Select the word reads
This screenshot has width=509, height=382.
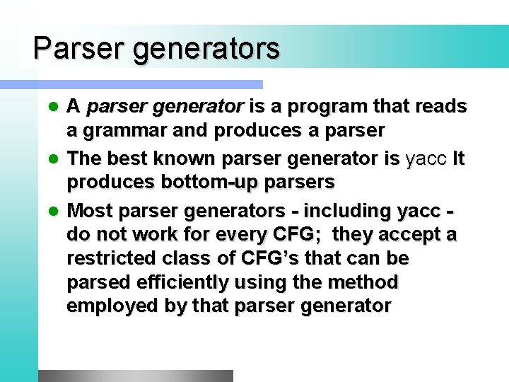click(x=440, y=107)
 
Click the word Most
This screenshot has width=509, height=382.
click(x=90, y=211)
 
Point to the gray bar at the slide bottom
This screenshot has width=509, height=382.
click(x=135, y=376)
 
